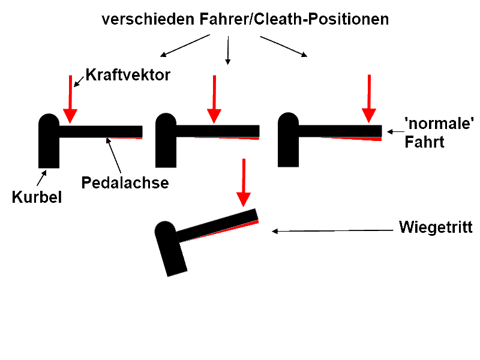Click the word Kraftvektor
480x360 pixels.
pos(128,76)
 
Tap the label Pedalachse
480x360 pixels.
pos(125,182)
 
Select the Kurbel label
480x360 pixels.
pos(37,197)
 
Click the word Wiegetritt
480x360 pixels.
pos(436,228)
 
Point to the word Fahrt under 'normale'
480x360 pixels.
pos(424,142)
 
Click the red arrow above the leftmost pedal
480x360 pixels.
pos(70,98)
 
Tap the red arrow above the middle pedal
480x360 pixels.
pos(214,98)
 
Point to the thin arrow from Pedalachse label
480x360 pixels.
pos(113,154)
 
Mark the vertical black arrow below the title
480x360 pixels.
pos(227,50)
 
